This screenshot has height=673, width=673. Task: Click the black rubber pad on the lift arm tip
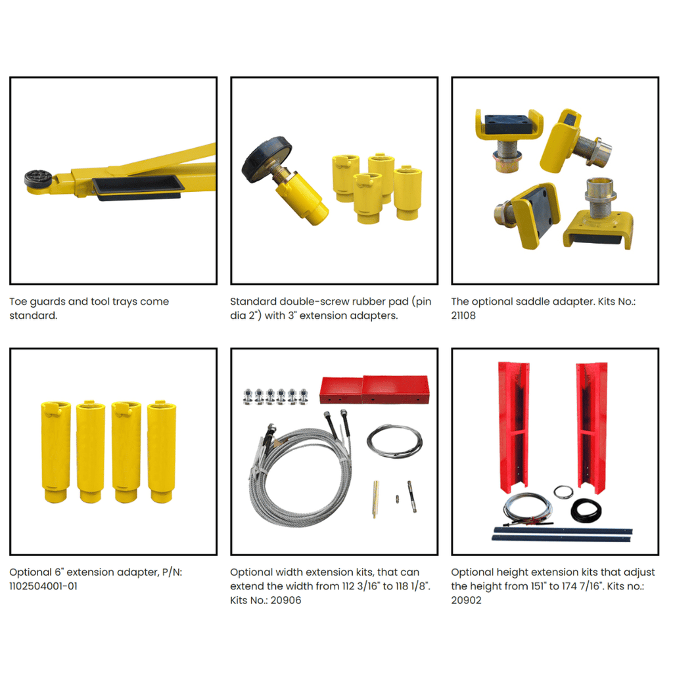[37, 177]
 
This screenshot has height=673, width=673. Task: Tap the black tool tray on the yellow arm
[138, 187]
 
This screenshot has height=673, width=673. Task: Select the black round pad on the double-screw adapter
[266, 159]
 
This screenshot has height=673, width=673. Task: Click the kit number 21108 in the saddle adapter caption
[463, 315]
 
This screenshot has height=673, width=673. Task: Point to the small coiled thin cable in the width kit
[394, 441]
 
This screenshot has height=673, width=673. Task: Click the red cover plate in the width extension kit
[374, 389]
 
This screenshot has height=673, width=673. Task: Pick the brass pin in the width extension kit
[376, 499]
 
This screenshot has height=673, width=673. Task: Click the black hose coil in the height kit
[586, 510]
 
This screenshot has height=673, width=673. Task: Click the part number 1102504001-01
[43, 586]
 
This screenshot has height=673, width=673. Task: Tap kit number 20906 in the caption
[286, 601]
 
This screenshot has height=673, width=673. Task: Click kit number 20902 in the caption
[466, 601]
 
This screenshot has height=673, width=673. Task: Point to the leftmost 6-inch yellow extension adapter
[55, 452]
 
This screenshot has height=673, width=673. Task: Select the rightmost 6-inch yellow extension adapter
[162, 452]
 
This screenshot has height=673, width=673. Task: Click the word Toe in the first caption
[18, 302]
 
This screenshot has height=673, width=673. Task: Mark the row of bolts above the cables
[275, 396]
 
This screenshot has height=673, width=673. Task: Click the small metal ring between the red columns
[563, 492]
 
